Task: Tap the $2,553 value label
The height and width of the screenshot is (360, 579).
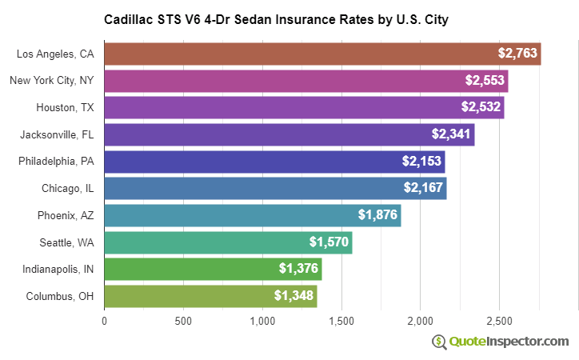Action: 485,81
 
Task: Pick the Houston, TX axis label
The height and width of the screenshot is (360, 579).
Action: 65,107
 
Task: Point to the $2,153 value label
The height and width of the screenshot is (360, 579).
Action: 421,162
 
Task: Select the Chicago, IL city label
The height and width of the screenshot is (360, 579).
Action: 67,189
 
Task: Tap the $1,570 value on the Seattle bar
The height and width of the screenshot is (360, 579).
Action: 329,242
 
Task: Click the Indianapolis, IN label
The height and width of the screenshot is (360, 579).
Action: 58,270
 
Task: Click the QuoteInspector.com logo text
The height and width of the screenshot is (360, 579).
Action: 509,342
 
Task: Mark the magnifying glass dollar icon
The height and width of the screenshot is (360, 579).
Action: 439,342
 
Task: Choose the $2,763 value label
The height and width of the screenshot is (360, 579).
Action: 517,54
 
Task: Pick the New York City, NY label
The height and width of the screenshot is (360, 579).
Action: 51,81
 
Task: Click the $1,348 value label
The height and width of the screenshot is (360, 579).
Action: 293,296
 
